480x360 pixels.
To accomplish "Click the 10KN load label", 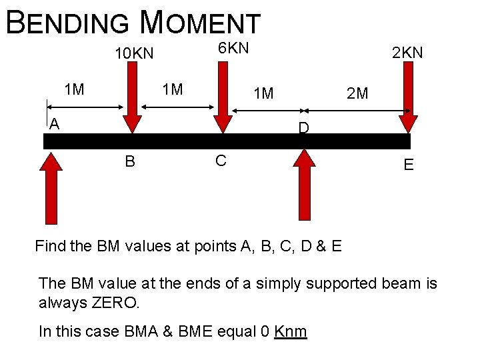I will pos(134,53).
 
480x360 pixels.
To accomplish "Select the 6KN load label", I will pos(233,48).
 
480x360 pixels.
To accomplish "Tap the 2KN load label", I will pos(407,53).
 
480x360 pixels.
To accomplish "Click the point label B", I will pos(130,161).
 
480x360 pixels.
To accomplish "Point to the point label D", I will pos(303,128).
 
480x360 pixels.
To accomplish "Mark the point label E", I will pos(408,165).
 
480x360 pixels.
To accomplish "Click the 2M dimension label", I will pos(357,93).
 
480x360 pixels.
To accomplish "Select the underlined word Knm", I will pos(291,331).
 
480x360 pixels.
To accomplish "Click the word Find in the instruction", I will pos(50,247).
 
